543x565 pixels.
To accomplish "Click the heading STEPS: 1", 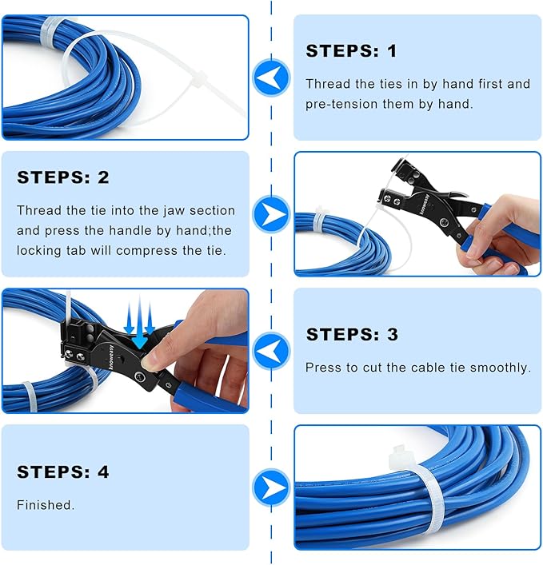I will coord(351,52).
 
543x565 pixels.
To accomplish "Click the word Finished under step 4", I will coord(46,505).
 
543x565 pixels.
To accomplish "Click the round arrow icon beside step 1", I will coord(271,78).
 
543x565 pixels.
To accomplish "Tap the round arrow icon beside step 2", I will coord(271,214).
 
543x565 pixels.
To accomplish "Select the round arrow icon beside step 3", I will coord(271,351).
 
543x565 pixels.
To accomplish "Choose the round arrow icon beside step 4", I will coord(271,487).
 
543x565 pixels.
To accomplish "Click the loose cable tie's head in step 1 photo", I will coord(198,81).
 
